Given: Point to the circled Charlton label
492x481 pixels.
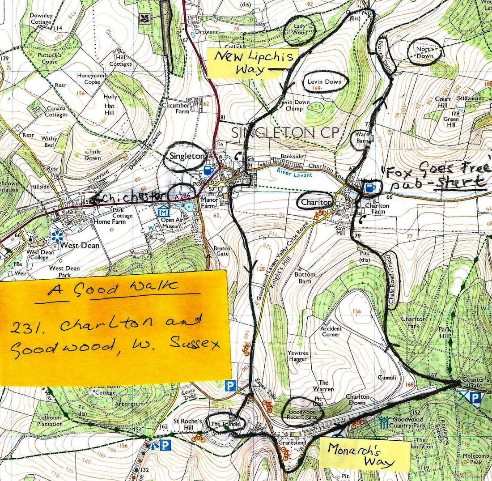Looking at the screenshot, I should click(x=317, y=202).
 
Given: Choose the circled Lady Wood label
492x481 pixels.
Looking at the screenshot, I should click(x=300, y=30).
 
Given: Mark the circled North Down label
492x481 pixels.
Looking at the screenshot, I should click(x=424, y=53).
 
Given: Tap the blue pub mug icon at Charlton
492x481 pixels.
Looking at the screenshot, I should click(x=370, y=187).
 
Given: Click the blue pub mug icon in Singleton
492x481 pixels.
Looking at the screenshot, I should click(x=208, y=170).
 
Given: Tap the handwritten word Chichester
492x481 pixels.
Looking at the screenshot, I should click(x=129, y=197).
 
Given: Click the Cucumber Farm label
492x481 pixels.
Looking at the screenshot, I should click(x=176, y=109).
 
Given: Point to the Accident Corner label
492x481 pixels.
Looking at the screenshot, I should click(x=331, y=331).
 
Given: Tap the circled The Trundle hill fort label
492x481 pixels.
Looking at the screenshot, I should click(x=222, y=424).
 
